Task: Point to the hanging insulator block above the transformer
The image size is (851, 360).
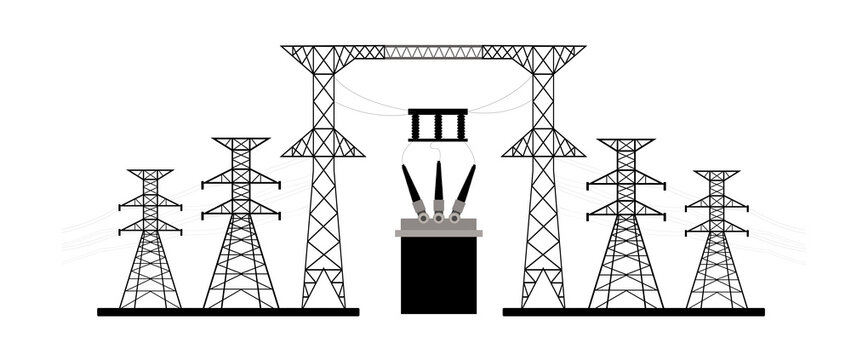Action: (x=437, y=125)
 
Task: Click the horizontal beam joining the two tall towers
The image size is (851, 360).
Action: (x=433, y=51)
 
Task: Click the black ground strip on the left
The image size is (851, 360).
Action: (x=227, y=312)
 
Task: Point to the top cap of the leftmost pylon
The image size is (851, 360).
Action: (x=150, y=173)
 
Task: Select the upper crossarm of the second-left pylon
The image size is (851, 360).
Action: (x=241, y=181)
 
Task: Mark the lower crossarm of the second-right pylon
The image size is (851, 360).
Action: (x=626, y=211)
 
